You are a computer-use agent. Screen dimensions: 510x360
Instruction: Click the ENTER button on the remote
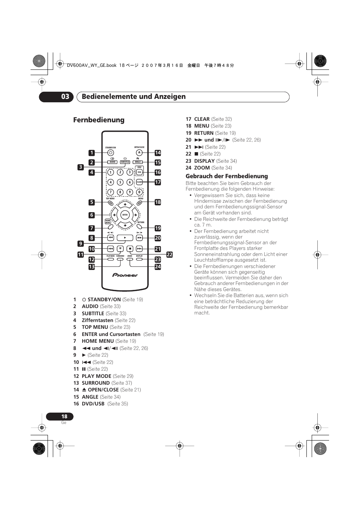pyautogui.click(x=125, y=215)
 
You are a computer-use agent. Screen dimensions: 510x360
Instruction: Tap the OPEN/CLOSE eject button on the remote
pyautogui.click(x=139, y=153)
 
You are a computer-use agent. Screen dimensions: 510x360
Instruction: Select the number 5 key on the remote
pyautogui.click(x=120, y=182)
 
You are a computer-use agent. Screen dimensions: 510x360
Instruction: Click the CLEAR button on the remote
pyautogui.click(x=139, y=182)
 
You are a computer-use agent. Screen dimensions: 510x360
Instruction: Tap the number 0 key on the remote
pyautogui.click(x=139, y=192)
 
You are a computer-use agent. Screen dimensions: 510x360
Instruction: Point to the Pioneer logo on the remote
pyautogui.click(x=125, y=275)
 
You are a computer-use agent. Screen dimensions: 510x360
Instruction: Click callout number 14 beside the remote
pyautogui.click(x=158, y=153)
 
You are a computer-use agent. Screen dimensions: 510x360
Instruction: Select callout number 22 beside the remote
pyautogui.click(x=169, y=255)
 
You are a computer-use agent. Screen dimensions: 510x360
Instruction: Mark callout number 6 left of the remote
pyautogui.click(x=92, y=215)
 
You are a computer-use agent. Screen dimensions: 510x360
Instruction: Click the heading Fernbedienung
pyautogui.click(x=98, y=120)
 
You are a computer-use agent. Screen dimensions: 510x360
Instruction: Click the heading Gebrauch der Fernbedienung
pyautogui.click(x=226, y=176)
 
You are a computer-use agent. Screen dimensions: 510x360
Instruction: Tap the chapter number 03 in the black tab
pyautogui.click(x=65, y=97)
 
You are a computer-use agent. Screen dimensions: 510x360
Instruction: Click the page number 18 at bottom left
pyautogui.click(x=64, y=416)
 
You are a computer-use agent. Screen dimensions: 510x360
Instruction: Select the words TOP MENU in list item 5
pyautogui.click(x=95, y=327)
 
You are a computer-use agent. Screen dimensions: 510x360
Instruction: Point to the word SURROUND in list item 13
pyautogui.click(x=95, y=383)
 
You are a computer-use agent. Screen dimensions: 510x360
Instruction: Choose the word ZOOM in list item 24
pyautogui.click(x=202, y=168)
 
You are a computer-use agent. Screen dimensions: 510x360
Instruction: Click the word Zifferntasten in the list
pyautogui.click(x=97, y=320)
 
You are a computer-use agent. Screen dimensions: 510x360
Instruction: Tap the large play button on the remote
pyautogui.click(x=125, y=238)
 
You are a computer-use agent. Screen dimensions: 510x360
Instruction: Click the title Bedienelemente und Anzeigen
pyautogui.click(x=134, y=97)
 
